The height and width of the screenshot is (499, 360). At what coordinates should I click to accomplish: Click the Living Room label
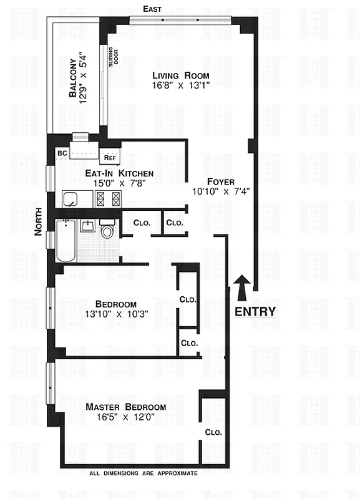181,75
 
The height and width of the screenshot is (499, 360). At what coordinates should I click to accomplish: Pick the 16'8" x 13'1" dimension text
181,87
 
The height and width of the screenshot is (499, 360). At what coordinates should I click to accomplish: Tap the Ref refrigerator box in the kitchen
110,158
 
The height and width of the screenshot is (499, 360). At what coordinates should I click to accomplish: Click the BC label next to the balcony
62,153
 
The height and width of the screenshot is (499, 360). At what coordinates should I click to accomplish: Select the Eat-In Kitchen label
111,173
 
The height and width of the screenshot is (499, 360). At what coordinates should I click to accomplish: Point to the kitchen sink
71,200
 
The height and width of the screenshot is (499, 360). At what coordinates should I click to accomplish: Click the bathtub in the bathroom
65,241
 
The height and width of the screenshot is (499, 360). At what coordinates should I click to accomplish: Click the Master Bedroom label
126,407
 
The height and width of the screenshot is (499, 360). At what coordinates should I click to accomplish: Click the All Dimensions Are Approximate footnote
144,474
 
